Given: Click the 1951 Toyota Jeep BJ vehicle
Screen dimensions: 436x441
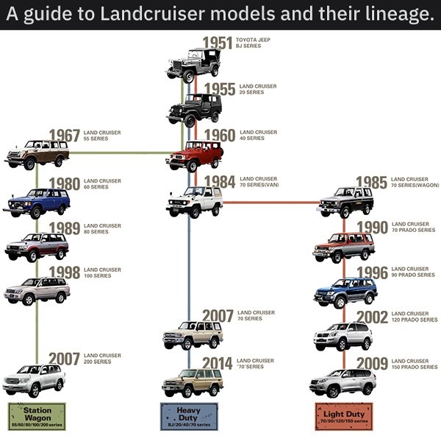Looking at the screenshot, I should click(193, 64).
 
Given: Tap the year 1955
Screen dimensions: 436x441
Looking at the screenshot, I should click(219, 90).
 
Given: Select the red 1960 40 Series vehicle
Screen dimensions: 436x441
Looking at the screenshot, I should click(193, 157).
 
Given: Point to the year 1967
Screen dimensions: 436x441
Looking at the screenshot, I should click(64, 136).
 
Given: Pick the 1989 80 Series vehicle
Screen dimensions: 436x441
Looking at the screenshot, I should click(36, 246).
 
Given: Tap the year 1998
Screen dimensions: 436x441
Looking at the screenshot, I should click(64, 272).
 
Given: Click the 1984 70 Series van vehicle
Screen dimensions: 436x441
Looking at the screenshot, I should click(193, 201).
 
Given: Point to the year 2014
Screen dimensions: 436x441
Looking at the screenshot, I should click(218, 363).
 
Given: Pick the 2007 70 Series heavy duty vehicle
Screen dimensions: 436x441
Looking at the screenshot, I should click(192, 335).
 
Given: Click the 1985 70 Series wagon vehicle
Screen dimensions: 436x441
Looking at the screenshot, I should click(345, 202).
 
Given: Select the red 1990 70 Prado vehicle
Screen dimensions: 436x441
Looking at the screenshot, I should click(343, 247).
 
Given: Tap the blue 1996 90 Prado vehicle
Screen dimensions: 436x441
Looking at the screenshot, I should click(345, 292).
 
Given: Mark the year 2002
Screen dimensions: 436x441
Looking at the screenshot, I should click(372, 317).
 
